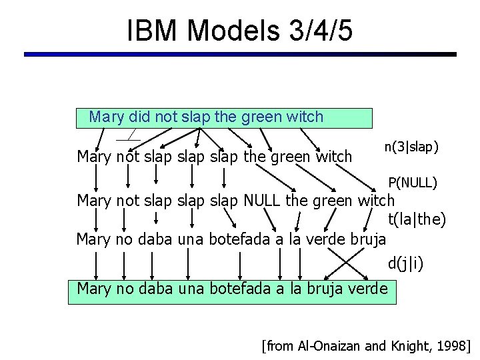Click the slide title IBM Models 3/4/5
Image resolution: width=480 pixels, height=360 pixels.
(x=239, y=30)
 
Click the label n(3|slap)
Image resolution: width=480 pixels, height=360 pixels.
(x=411, y=146)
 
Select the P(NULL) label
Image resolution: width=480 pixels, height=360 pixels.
(x=413, y=182)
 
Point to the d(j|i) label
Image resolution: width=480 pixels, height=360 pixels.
(x=405, y=264)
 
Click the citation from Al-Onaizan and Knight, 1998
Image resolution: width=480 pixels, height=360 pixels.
(x=366, y=345)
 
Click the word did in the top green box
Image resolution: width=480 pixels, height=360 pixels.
(x=139, y=117)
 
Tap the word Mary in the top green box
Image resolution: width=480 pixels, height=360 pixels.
(x=107, y=117)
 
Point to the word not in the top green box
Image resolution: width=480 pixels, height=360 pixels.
(x=167, y=117)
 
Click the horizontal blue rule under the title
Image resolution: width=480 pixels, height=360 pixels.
(x=240, y=55)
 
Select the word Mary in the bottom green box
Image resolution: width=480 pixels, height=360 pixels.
(x=95, y=289)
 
